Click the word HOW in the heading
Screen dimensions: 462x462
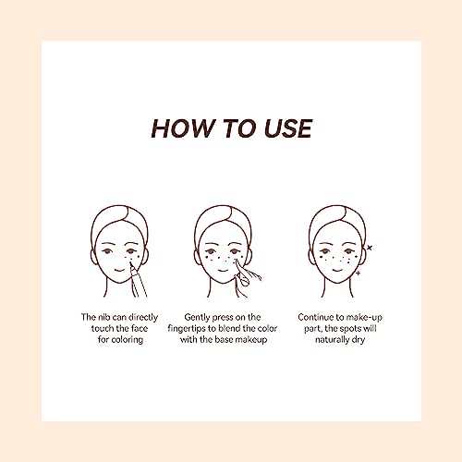coord(183,128)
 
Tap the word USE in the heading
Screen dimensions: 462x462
coord(288,128)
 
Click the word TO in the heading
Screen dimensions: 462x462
coord(239,128)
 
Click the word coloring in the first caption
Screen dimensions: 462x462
coord(127,340)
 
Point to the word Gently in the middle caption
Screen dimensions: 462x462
coord(197,318)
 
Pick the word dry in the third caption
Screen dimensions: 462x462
coord(358,340)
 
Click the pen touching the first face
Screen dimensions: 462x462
coord(138,279)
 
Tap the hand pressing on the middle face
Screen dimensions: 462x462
coord(248,278)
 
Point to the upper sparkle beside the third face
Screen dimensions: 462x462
coord(370,248)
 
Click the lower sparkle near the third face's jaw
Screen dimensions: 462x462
coord(358,273)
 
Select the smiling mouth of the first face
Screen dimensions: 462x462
coord(119,270)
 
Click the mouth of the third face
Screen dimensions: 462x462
coord(337,270)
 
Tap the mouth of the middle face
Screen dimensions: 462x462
coord(223,270)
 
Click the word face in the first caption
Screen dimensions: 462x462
coord(140,329)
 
